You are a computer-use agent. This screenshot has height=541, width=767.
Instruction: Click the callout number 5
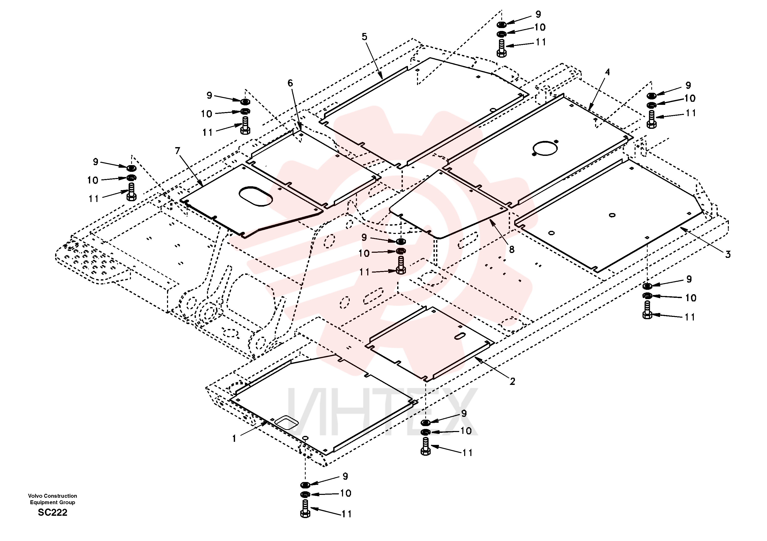(x=364, y=37)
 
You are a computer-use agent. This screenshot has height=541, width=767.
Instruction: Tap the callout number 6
(x=290, y=83)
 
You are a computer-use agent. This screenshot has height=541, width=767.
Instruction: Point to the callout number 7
(x=177, y=151)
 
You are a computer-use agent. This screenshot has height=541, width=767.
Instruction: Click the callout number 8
(x=511, y=249)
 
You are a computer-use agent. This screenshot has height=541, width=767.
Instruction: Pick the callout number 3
(x=728, y=255)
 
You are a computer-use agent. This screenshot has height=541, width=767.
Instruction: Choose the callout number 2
(x=512, y=381)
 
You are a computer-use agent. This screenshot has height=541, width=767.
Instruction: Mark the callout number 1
(x=234, y=438)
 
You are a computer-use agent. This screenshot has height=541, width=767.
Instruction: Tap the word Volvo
(x=35, y=496)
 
